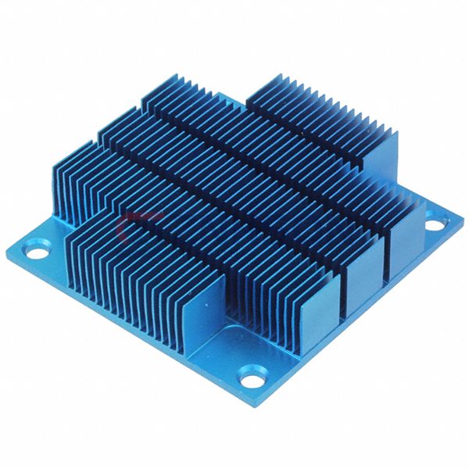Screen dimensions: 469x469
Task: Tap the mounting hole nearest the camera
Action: click(251, 381)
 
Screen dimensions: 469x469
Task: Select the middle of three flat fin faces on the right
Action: click(365, 270)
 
